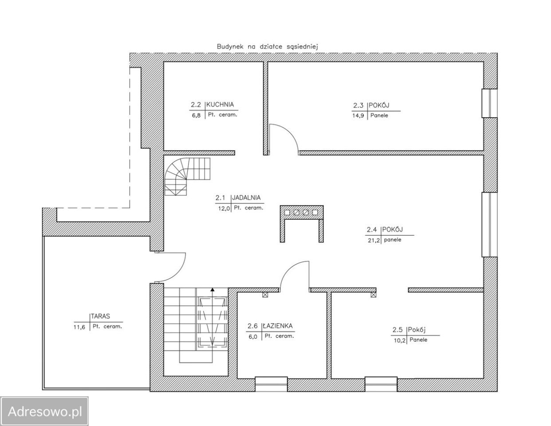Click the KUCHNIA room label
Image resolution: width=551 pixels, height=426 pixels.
(220, 104)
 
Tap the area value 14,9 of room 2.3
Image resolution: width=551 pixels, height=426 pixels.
(358, 116)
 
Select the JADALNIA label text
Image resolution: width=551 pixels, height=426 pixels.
(246, 197)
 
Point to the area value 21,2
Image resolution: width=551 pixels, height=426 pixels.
(374, 241)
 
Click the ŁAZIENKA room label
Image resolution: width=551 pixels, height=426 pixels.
(278, 326)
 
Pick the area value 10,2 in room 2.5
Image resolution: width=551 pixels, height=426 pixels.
(400, 340)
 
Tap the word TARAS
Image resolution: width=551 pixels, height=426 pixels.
(100, 316)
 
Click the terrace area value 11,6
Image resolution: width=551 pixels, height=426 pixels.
(79, 327)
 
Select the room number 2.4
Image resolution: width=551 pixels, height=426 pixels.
(372, 230)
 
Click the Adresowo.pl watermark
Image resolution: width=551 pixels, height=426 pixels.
(45, 411)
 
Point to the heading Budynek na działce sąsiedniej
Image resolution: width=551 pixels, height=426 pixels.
(267, 47)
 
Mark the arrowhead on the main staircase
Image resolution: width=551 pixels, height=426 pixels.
(213, 289)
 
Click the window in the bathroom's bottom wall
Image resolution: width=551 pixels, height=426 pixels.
(271, 384)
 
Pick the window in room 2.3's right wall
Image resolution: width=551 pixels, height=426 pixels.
(490, 103)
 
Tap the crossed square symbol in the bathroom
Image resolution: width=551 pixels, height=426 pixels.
(265, 295)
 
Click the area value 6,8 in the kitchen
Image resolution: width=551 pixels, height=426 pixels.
(196, 116)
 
